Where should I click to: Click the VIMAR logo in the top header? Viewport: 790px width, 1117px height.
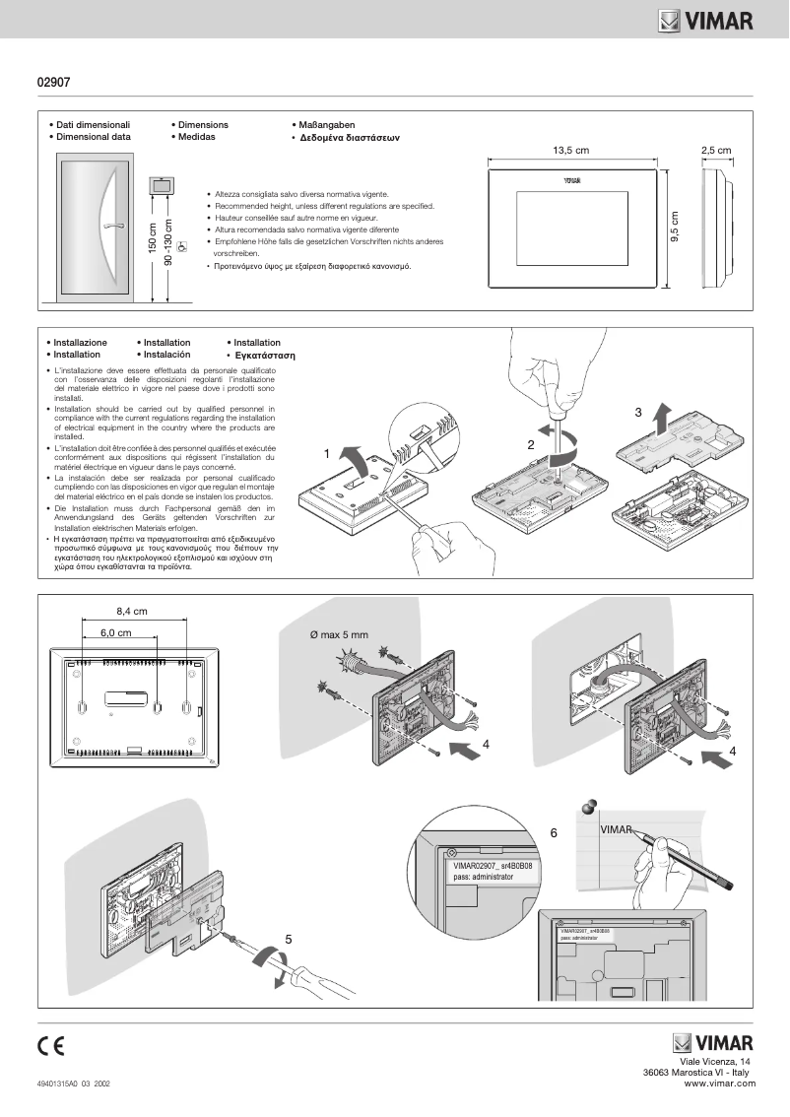point(706,20)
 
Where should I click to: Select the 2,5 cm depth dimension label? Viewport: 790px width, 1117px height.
point(716,151)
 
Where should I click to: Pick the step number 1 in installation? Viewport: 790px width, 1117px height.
point(326,454)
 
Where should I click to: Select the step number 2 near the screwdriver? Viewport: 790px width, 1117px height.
point(530,444)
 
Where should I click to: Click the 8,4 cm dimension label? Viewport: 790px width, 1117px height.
point(132,611)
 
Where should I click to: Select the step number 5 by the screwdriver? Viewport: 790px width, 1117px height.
point(289,939)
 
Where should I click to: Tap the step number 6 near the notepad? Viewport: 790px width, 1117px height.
point(554,832)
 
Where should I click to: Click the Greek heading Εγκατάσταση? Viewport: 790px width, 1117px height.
point(265,355)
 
